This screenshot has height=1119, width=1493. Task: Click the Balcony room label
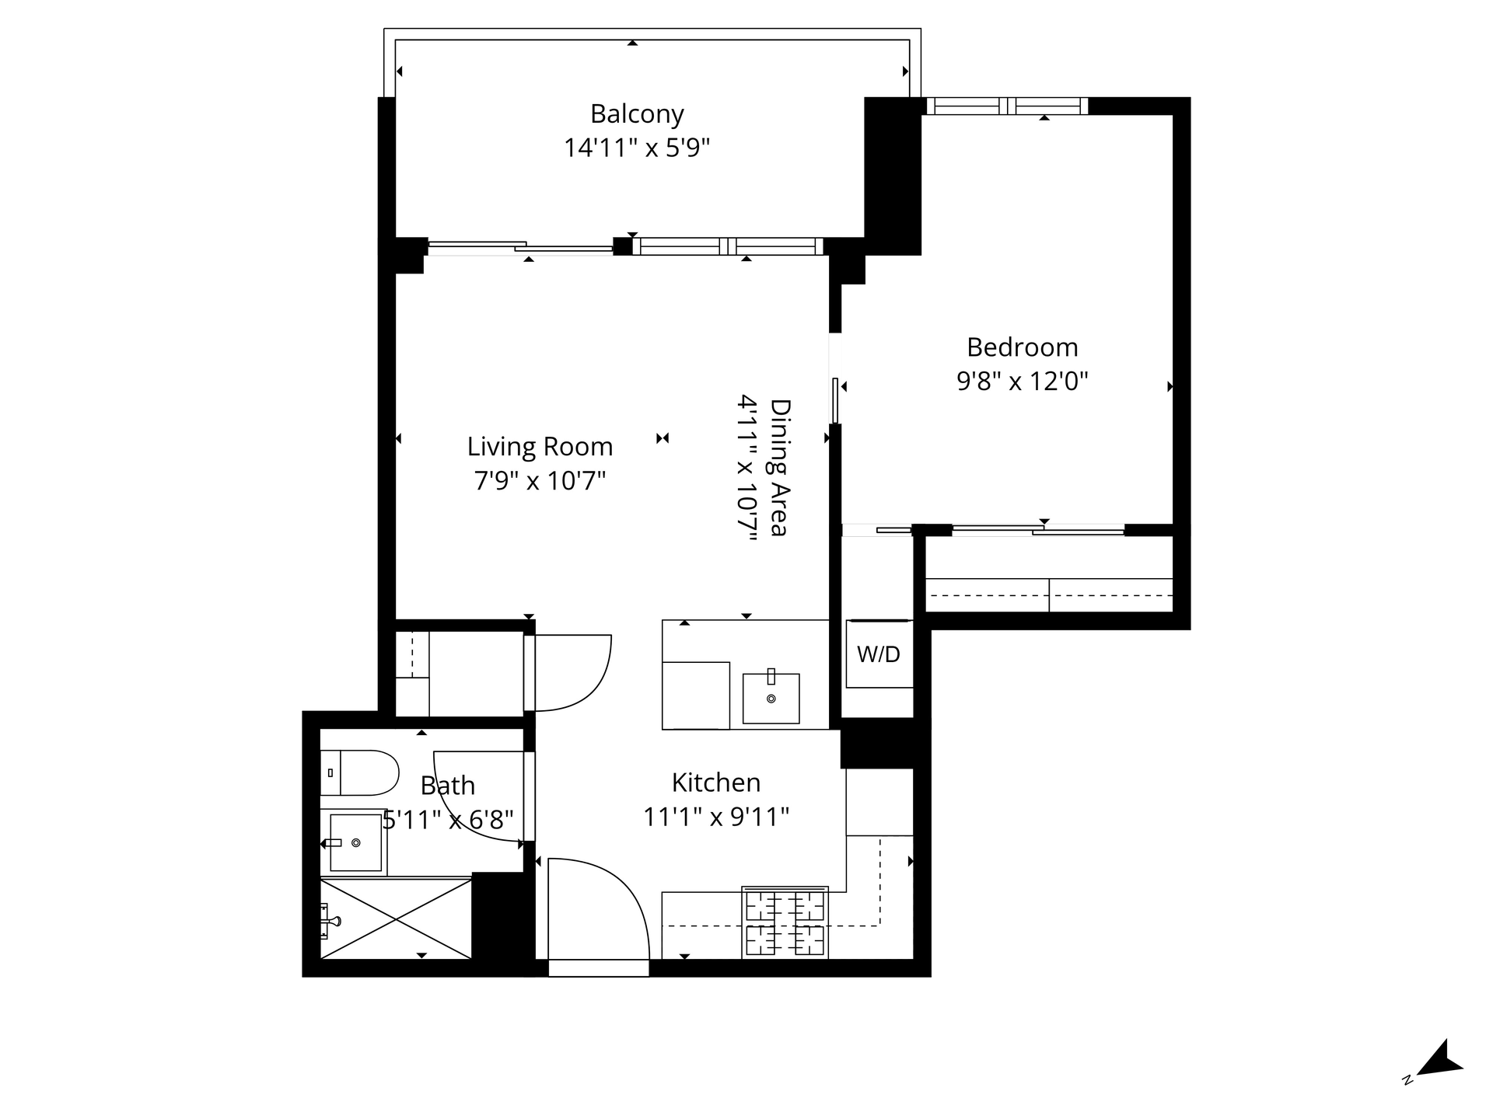[637, 114]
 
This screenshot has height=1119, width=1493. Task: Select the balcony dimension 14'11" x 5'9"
[637, 148]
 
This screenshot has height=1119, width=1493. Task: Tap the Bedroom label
[1022, 347]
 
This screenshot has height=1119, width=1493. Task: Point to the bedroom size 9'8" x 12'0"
[1022, 381]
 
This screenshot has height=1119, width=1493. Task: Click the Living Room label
[540, 447]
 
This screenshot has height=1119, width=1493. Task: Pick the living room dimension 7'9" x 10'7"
[540, 481]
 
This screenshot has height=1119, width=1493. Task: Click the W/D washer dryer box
[879, 654]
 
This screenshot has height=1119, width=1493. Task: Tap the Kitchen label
[716, 783]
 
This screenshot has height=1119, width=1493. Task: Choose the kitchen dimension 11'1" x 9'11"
[716, 817]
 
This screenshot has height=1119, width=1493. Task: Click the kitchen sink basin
[771, 699]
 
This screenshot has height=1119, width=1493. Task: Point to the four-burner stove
[785, 922]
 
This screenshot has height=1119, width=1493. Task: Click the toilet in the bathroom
[359, 772]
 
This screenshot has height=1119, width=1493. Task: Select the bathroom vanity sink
[356, 842]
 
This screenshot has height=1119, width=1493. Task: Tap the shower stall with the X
[396, 919]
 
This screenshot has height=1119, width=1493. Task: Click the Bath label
[447, 786]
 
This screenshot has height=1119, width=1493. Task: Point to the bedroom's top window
[1007, 106]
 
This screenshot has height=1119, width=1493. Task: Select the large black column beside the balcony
[893, 176]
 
